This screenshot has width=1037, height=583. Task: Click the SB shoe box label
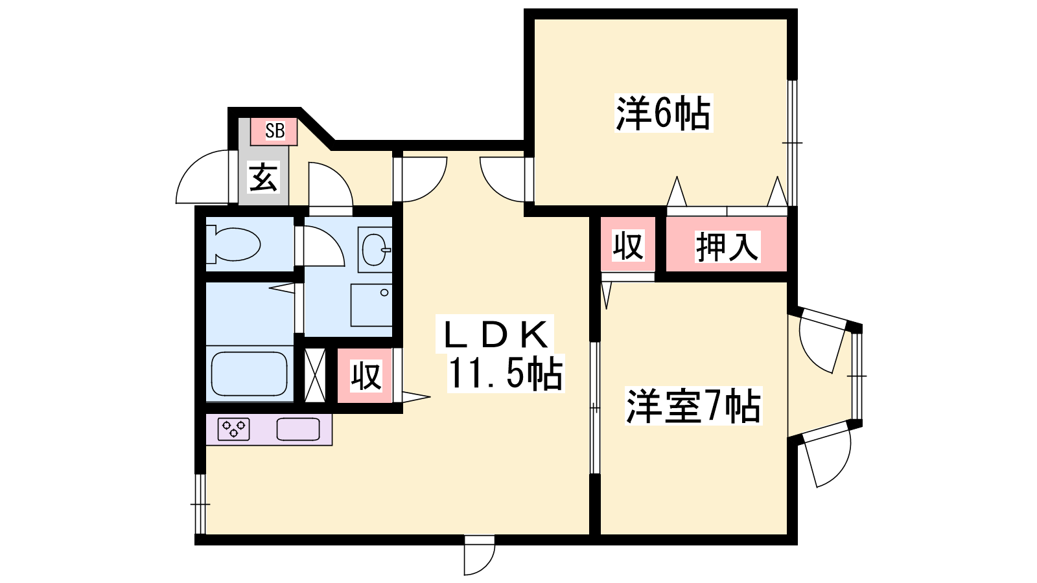tap(275, 131)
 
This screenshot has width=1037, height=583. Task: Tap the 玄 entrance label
tap(264, 177)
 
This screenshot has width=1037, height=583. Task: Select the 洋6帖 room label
tap(663, 113)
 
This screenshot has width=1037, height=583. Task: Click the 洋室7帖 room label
tap(693, 406)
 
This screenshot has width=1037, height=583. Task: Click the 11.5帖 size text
tap(506, 373)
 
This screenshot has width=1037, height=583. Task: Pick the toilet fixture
tap(233, 244)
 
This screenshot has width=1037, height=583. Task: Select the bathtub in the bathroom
tap(249, 374)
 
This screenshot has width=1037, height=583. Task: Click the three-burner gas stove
tap(234, 429)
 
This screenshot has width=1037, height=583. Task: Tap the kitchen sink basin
tap(298, 429)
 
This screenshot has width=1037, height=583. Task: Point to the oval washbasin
tap(374, 250)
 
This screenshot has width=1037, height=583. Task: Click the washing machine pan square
tap(371, 305)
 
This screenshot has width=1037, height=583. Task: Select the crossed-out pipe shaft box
tap(315, 375)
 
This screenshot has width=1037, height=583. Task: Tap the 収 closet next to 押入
tap(628, 244)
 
